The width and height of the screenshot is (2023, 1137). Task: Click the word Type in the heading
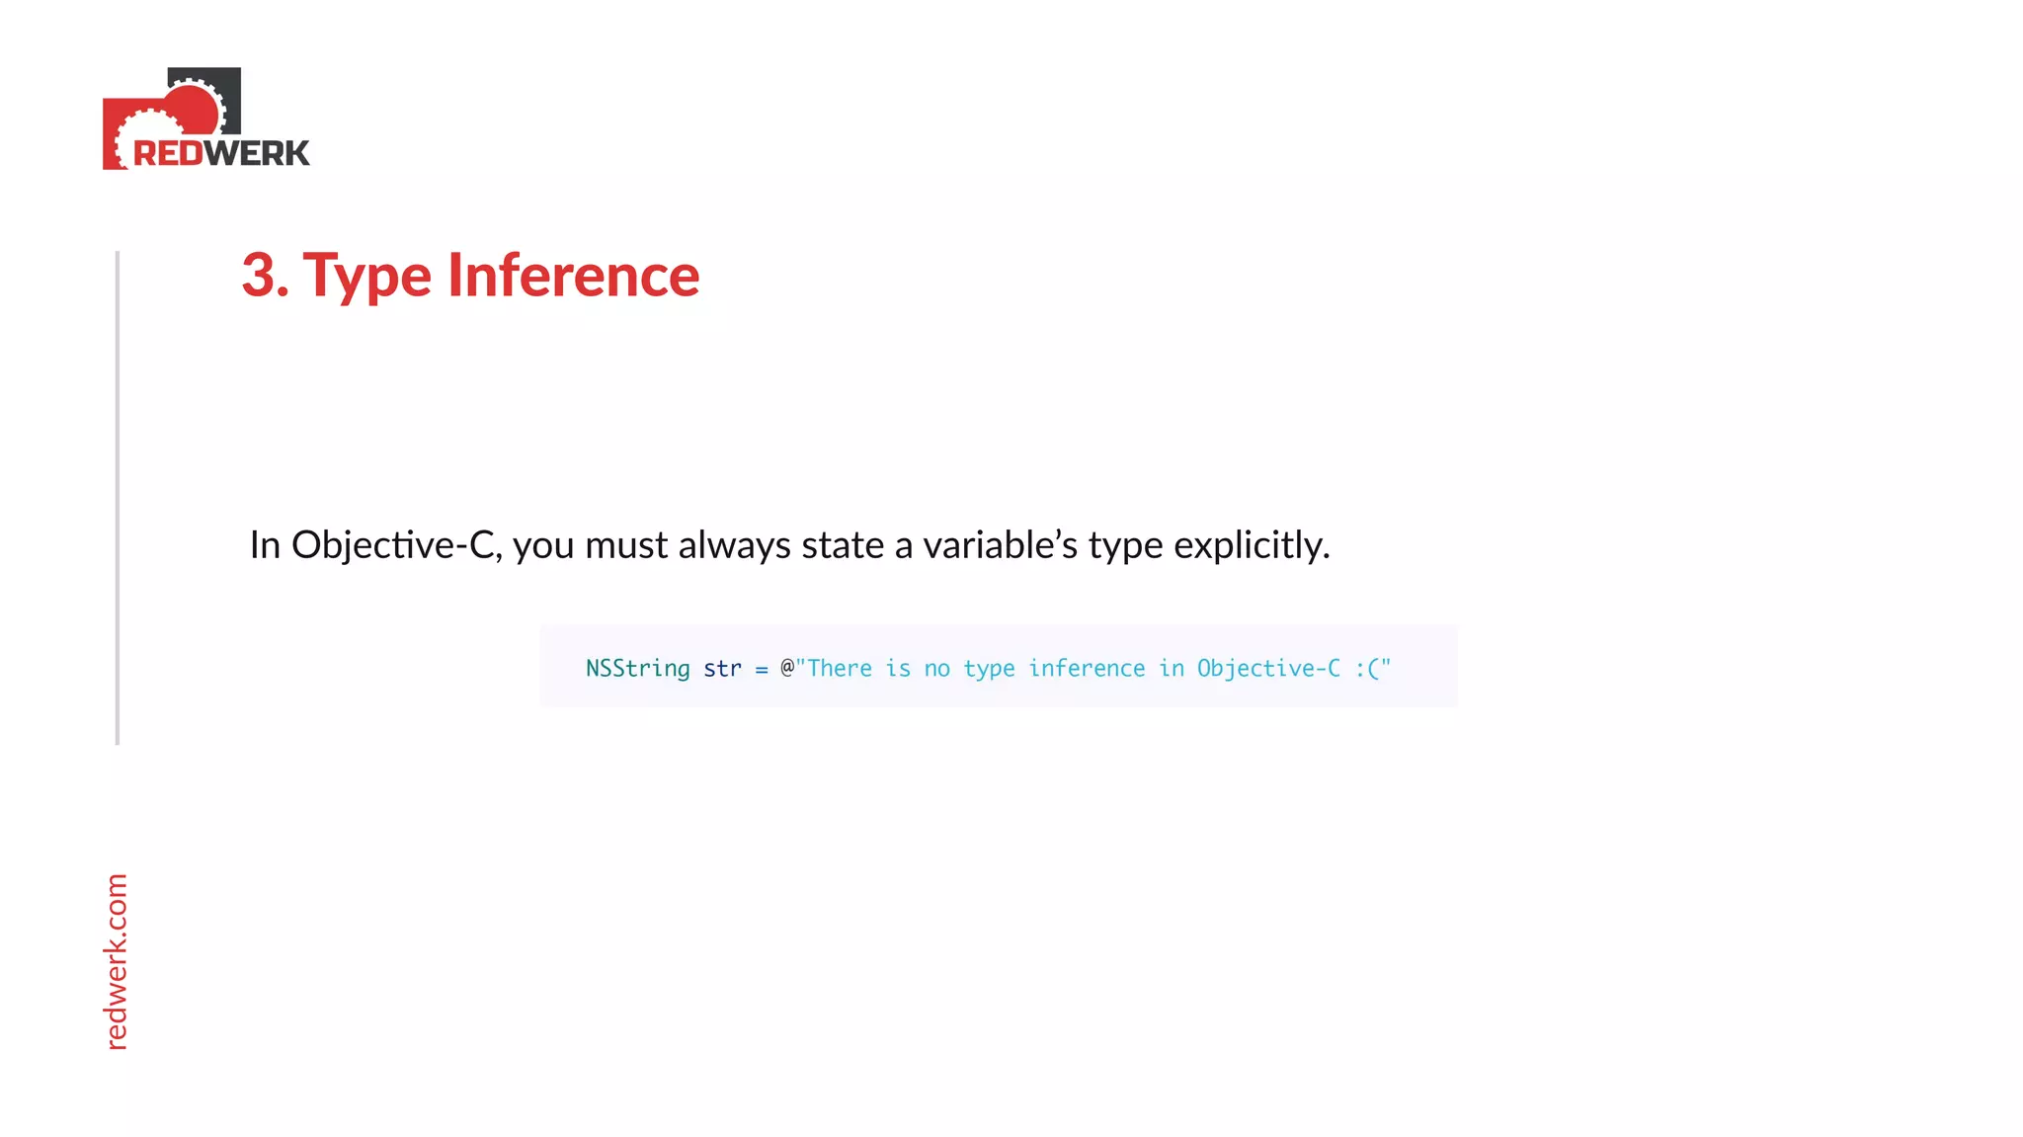click(366, 277)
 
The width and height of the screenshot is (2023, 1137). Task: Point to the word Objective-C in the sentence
click(392, 545)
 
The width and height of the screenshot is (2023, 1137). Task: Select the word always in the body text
click(734, 545)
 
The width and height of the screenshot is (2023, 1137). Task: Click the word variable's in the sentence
click(1000, 545)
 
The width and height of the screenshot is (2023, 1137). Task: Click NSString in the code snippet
click(637, 669)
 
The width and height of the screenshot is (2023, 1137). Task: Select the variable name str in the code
click(722, 669)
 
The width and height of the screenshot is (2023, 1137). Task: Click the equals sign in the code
click(761, 670)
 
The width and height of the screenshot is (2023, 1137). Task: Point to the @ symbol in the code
click(787, 668)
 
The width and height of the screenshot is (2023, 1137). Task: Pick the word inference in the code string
click(1087, 669)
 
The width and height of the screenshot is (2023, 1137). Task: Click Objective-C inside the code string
click(1268, 669)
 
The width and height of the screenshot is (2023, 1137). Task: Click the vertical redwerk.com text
click(117, 961)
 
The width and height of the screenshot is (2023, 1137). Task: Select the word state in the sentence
click(843, 545)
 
